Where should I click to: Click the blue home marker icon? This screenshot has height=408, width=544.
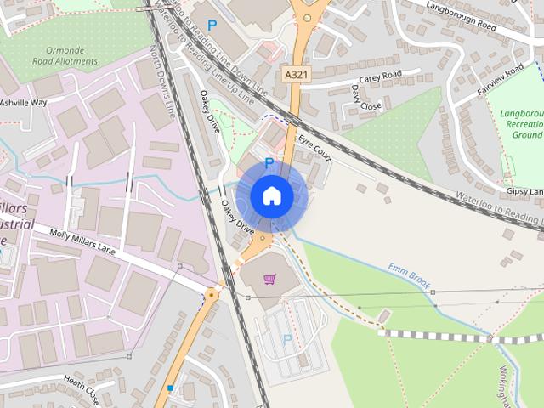pyautogui.click(x=271, y=195)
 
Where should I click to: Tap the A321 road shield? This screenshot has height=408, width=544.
pyautogui.click(x=296, y=76)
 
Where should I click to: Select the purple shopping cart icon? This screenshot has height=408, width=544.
pyautogui.click(x=269, y=279)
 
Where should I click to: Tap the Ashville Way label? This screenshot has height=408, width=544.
pyautogui.click(x=23, y=102)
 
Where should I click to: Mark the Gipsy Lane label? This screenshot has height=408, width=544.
pyautogui.click(x=523, y=192)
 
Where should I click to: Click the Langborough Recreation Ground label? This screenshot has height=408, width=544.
pyautogui.click(x=520, y=123)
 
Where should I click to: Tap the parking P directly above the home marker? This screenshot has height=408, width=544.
pyautogui.click(x=269, y=162)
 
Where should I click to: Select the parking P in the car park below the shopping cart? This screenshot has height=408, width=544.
pyautogui.click(x=286, y=339)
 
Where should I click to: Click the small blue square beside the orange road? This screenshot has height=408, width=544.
pyautogui.click(x=171, y=388)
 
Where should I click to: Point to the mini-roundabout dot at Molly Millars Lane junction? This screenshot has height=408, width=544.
pyautogui.click(x=211, y=294)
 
